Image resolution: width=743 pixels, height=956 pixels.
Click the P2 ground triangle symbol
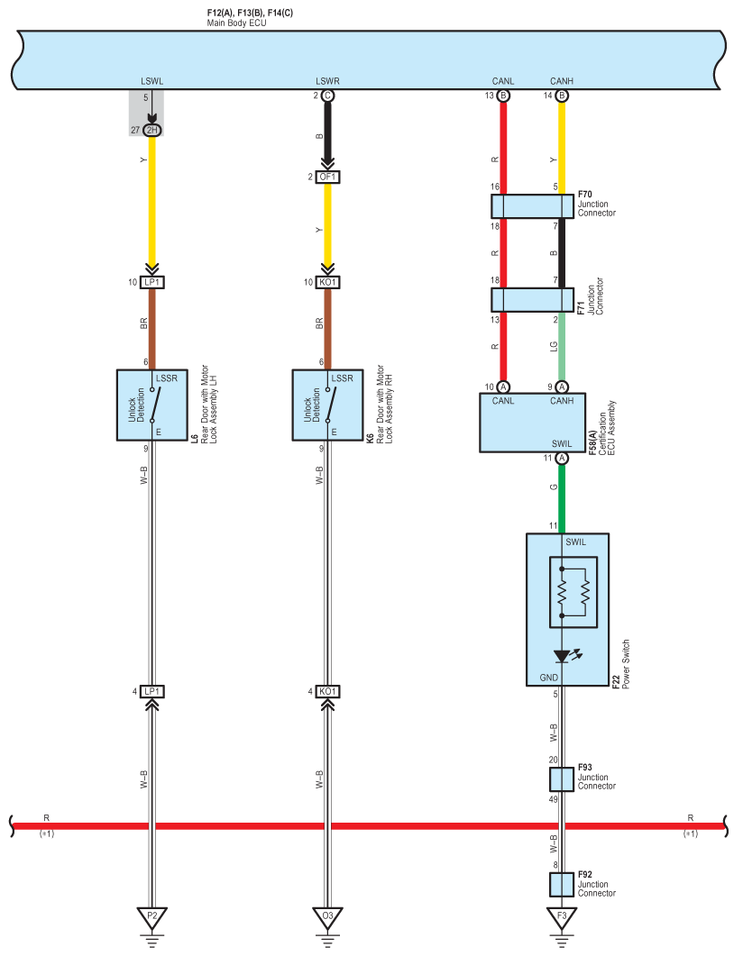(151, 917)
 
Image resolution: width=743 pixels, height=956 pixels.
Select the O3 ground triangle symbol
(327, 917)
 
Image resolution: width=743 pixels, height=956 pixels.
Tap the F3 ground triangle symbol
(562, 917)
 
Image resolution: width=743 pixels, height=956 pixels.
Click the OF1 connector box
(327, 177)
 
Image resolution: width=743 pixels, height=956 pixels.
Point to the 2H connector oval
(151, 130)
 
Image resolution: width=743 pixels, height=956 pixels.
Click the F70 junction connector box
(533, 206)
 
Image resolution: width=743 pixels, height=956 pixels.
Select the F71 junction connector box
(533, 300)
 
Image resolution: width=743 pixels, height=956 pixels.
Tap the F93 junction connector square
(562, 779)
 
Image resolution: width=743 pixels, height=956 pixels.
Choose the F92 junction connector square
(562, 886)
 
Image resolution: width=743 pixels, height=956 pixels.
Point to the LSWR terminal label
(327, 81)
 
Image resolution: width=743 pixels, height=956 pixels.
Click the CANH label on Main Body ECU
(561, 81)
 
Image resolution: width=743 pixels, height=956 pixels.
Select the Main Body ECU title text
(236, 23)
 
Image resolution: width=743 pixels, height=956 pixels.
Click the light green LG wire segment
(562, 346)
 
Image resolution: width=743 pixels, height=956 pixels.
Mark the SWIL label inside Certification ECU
(562, 444)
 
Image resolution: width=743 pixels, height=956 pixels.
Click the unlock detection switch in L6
(155, 405)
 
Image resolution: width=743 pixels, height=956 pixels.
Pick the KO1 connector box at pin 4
(327, 691)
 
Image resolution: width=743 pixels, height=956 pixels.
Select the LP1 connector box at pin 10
(151, 282)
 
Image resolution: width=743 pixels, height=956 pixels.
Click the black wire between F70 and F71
(562, 253)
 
